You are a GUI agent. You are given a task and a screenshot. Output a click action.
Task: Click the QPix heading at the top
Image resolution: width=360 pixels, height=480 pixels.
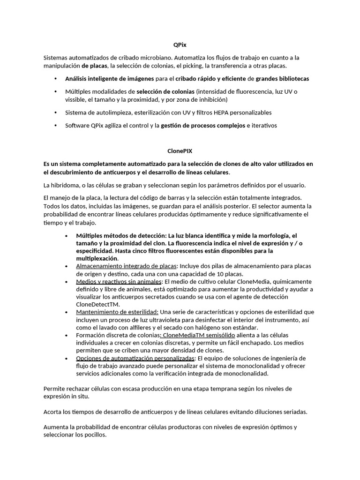(180, 45)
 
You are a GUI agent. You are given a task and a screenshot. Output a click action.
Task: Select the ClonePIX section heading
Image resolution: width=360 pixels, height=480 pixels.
(180, 151)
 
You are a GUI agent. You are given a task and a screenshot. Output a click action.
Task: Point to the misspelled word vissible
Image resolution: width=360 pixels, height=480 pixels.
(75, 100)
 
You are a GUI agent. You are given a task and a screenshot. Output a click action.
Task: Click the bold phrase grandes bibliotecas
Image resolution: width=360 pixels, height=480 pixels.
(282, 78)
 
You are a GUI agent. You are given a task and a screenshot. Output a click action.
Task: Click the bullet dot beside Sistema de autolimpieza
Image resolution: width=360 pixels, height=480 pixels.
(55, 112)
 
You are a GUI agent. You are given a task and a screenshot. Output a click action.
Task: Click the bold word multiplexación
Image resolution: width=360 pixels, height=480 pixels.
(97, 258)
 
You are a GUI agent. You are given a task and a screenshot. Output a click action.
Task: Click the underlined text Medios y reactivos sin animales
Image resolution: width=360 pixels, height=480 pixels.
(119, 281)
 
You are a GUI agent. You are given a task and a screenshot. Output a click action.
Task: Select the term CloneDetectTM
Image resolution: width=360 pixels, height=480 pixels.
(97, 304)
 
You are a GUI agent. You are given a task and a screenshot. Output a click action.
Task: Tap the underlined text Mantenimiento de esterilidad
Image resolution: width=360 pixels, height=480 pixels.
(117, 312)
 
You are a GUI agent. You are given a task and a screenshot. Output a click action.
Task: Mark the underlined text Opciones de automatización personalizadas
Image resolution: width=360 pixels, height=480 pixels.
(135, 358)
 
